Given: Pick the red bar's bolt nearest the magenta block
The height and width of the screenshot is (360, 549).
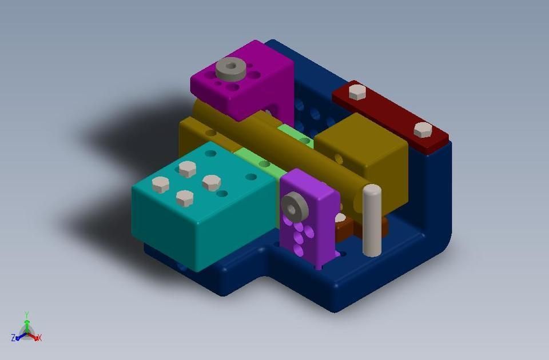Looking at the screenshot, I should [357, 92].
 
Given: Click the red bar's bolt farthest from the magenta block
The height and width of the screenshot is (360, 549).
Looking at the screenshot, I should [423, 130].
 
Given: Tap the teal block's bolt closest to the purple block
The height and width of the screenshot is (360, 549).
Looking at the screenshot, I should [212, 182].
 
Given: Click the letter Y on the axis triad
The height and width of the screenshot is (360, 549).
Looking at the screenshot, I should [27, 314].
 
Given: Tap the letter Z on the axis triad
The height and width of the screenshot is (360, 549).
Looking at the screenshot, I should [13, 338].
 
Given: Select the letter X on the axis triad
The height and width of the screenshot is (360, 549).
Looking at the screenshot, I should [39, 338].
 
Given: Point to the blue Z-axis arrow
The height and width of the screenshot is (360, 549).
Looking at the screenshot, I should [20, 337].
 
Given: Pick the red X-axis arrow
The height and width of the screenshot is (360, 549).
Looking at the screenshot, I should [34, 337].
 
